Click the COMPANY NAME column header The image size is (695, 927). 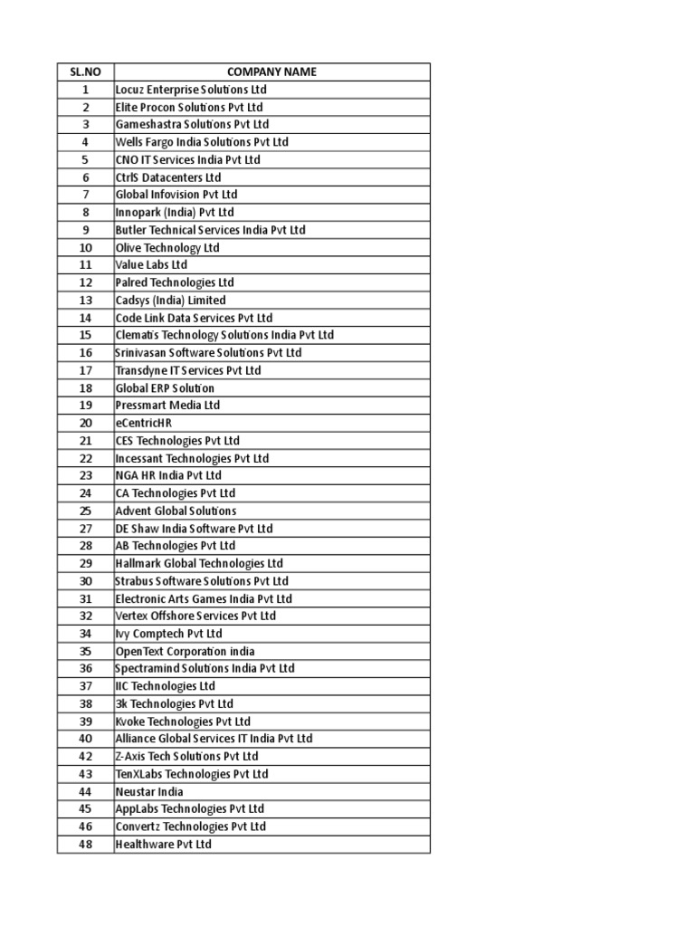click(271, 72)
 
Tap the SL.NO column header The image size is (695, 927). click(85, 72)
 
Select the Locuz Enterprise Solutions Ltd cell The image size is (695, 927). click(191, 90)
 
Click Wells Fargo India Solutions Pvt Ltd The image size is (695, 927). click(202, 142)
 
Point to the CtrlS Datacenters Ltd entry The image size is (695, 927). click(168, 177)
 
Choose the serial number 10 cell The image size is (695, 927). click(85, 248)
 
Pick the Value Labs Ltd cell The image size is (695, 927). click(151, 265)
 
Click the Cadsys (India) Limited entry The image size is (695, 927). click(171, 301)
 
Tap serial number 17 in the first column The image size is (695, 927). click(85, 370)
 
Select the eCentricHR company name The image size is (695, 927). click(143, 423)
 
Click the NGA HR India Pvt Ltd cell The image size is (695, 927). click(168, 475)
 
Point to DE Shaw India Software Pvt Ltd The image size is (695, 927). click(194, 529)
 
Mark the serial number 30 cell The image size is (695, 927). click(85, 581)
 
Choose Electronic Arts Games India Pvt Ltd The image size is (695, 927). click(204, 598)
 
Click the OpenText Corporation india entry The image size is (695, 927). click(185, 651)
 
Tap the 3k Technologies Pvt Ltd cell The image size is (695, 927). click(174, 703)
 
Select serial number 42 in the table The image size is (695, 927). click(85, 756)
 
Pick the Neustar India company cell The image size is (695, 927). click(149, 791)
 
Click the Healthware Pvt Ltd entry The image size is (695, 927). click(163, 844)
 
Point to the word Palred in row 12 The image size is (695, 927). click(131, 282)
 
